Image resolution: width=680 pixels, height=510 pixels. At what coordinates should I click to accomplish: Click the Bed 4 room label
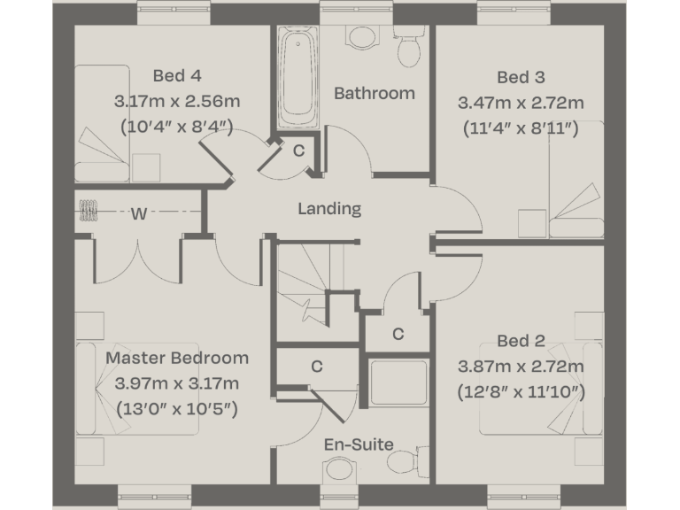click(176, 75)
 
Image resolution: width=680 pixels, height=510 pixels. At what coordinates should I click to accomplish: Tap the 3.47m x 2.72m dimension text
click(521, 102)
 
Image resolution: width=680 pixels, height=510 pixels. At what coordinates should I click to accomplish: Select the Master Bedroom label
click(177, 358)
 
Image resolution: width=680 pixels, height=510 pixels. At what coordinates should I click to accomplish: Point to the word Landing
click(329, 209)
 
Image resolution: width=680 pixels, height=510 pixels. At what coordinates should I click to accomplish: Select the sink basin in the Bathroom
click(361, 36)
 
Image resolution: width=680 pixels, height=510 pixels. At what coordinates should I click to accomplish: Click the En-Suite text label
click(359, 444)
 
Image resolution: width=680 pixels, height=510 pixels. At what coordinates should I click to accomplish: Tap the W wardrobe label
click(139, 213)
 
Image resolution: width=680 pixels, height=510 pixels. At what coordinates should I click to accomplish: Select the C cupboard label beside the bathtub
click(299, 151)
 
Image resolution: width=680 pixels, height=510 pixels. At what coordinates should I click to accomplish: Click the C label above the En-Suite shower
click(398, 334)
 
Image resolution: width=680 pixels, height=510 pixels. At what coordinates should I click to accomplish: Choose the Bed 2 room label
click(521, 341)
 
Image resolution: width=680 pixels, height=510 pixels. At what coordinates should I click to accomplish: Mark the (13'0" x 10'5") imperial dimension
click(177, 409)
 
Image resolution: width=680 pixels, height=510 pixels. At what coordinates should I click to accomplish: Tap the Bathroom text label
click(374, 93)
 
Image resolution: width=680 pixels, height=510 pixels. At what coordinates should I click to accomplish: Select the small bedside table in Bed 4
click(146, 167)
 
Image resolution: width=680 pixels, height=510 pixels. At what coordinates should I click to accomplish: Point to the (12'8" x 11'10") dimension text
click(521, 391)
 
